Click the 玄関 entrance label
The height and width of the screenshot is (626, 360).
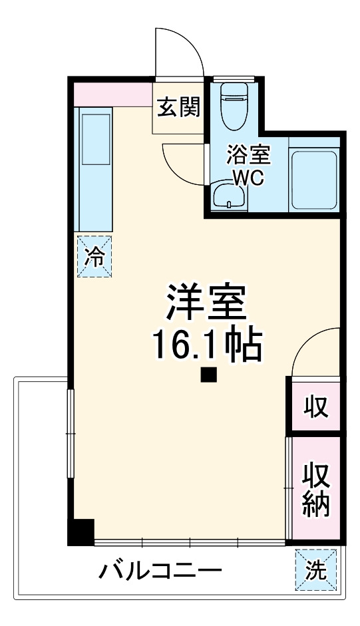click(179, 106)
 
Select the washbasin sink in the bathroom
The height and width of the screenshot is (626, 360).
click(229, 196)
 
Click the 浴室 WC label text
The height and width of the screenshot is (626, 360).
click(248, 166)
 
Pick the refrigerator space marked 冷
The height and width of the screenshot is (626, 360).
click(94, 256)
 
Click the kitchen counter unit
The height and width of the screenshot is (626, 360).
click(94, 170)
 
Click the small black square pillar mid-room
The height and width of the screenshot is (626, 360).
click(209, 376)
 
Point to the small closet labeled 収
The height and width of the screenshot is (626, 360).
click(316, 405)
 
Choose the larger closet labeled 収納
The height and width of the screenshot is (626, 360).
click(316, 489)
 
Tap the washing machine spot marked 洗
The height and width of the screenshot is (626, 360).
click(315, 570)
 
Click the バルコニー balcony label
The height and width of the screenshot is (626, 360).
click(160, 571)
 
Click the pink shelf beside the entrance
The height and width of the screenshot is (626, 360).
click(113, 94)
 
